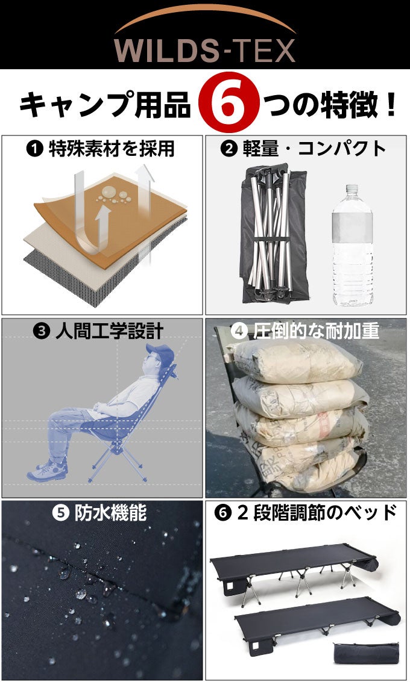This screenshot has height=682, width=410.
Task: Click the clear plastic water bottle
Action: [x=352, y=247]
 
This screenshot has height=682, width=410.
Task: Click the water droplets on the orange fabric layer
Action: [x=112, y=193]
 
